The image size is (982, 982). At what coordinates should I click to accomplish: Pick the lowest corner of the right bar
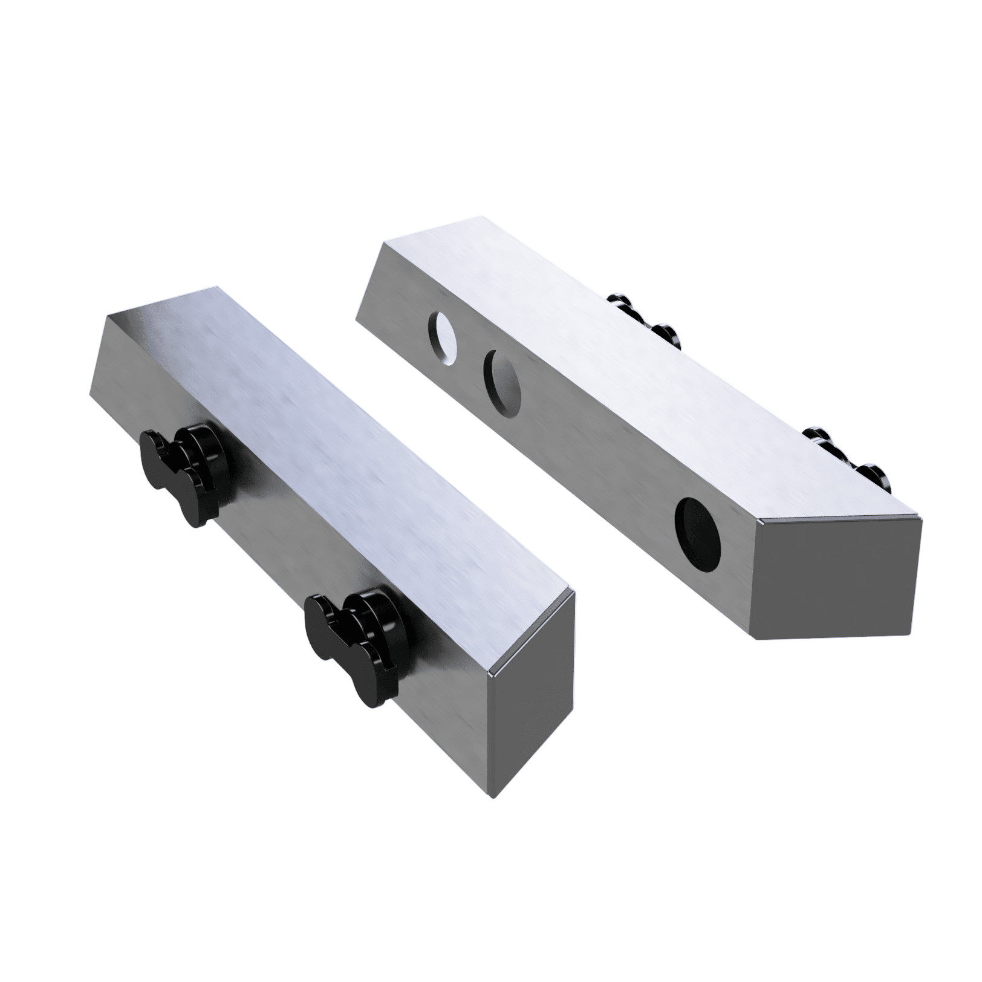[x=753, y=639]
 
